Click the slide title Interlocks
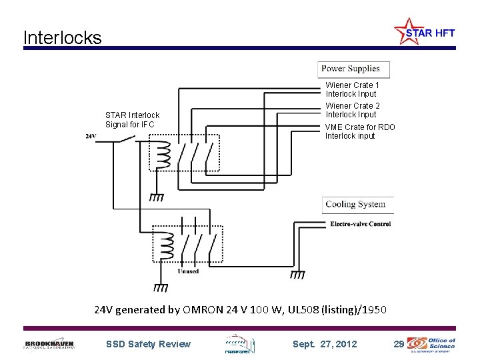pyautogui.click(x=62, y=37)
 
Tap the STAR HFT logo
pyautogui.click(x=424, y=31)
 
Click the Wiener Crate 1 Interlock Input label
pyautogui.click(x=352, y=89)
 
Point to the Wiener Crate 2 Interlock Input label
pyautogui.click(x=352, y=110)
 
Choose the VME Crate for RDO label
pyautogui.click(x=360, y=131)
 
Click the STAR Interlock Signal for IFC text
pyautogui.click(x=132, y=120)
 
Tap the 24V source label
pyautogui.click(x=91, y=136)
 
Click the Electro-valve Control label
pyautogui.click(x=360, y=224)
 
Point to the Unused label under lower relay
pyautogui.click(x=188, y=271)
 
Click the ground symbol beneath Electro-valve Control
pyautogui.click(x=298, y=273)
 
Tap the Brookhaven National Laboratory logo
pyautogui.click(x=49, y=344)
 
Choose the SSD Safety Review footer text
pyautogui.click(x=148, y=344)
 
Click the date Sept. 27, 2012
pyautogui.click(x=325, y=344)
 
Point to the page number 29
pyautogui.click(x=398, y=344)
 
